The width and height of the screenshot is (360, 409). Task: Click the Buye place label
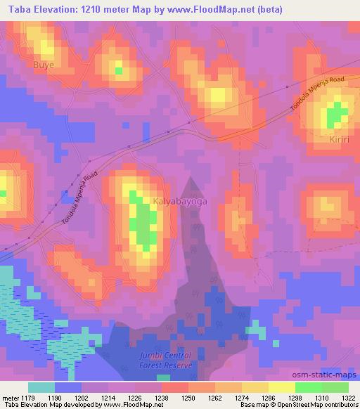pyautogui.click(x=44, y=65)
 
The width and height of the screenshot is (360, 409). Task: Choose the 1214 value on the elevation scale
pyautogui.click(x=108, y=397)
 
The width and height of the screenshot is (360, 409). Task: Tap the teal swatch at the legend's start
pyautogui.click(x=41, y=387)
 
